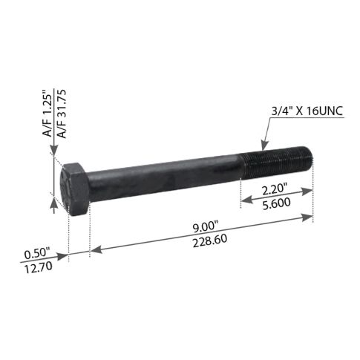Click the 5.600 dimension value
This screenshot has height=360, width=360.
tap(275, 203)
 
